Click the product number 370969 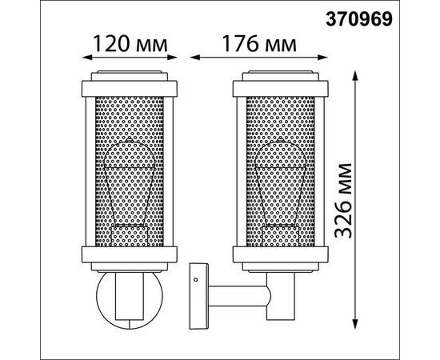point(359,20)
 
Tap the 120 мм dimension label point(130,44)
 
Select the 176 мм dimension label point(259,44)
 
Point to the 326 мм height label point(342,200)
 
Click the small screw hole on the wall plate point(195,279)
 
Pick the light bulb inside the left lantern point(130,182)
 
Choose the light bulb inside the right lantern point(281,182)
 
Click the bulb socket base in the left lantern point(130,237)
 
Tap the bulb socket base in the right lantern point(281,237)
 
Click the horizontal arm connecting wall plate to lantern point(239,296)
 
